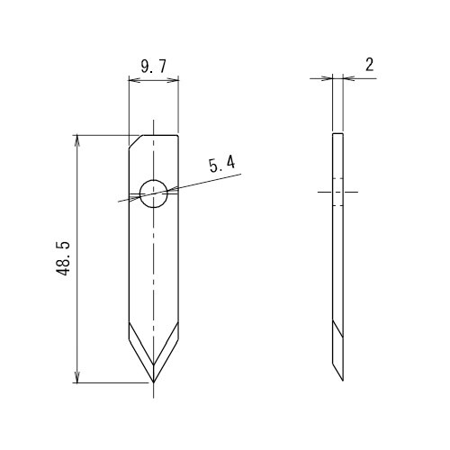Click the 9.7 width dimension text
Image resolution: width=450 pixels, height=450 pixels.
click(152, 65)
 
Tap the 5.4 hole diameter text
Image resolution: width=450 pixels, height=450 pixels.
click(221, 164)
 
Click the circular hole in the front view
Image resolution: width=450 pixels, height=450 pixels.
click(154, 192)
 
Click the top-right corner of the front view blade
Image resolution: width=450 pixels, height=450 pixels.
click(178, 134)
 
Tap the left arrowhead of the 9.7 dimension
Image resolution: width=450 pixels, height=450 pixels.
click(132, 79)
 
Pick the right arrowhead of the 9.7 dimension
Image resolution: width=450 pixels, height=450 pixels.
click(175, 79)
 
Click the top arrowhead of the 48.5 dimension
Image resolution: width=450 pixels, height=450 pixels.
click(78, 139)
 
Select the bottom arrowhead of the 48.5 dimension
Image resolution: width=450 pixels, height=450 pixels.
click(78, 379)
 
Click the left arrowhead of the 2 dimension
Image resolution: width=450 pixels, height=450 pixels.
click(328, 78)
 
